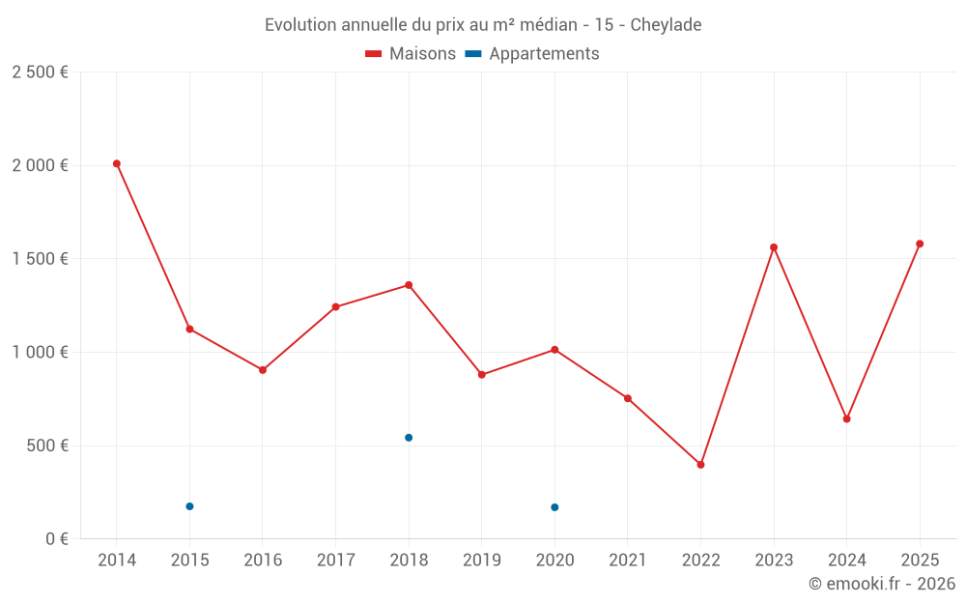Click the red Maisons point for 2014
coord(117,163)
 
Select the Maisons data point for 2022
coord(700,465)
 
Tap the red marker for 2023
coord(774,247)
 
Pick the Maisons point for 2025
coord(920,244)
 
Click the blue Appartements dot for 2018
coord(409,438)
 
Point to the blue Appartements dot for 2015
coord(189,506)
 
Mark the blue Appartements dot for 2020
coord(554,507)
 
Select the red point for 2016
coord(263,370)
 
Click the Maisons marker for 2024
coord(846,419)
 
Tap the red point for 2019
coord(482,375)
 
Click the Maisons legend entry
coord(411,54)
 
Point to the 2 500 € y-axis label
coord(40,72)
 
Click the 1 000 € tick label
coord(40,353)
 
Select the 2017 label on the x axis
coord(335,561)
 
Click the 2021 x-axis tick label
coord(628,561)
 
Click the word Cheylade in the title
coord(666,24)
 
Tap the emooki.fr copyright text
coord(882,584)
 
